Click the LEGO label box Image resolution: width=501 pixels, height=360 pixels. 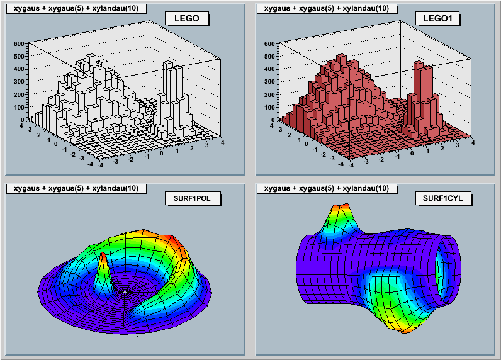point(186,18)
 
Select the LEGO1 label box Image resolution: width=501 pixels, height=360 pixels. point(437,18)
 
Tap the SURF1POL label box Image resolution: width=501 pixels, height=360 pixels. point(193,199)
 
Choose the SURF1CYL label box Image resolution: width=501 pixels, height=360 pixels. point(444,199)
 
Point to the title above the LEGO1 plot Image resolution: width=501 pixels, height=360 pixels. point(327,8)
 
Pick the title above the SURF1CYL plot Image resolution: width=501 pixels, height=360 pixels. point(327,188)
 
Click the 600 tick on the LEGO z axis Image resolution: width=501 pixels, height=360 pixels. point(18,44)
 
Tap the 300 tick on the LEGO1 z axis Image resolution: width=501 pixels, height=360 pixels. point(269,82)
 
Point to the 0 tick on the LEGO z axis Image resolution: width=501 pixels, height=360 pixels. point(22,120)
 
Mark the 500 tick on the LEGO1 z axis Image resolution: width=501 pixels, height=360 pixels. point(269,57)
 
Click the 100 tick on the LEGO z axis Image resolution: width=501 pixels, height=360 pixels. point(18,107)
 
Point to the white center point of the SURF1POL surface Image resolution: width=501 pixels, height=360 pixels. point(127,292)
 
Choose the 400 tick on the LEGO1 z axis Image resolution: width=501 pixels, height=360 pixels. point(269,69)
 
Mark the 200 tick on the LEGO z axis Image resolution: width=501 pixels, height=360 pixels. point(18,94)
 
